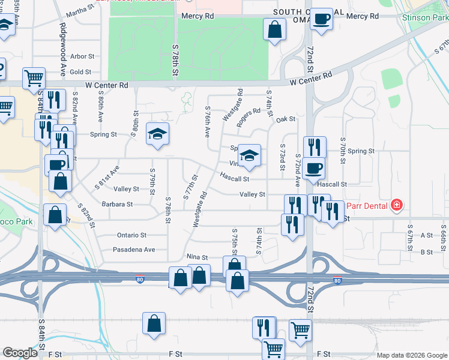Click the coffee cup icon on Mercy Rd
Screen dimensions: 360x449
(x=322, y=20)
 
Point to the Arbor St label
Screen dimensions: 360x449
(x=82, y=56)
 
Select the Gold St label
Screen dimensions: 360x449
(x=80, y=72)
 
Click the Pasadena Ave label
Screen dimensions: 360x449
(x=134, y=250)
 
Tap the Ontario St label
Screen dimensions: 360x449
(x=131, y=235)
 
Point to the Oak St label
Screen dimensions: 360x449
(x=286, y=119)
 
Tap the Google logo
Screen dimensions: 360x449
(x=20, y=353)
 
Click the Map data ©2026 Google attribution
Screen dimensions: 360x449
(x=412, y=355)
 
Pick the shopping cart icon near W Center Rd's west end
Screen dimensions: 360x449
(x=34, y=77)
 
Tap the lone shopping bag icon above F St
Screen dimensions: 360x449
(x=154, y=323)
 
